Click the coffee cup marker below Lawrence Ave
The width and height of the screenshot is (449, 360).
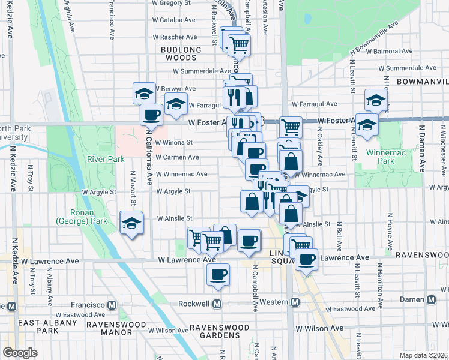tap(218, 274)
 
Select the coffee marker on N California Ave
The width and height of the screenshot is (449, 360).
tap(151, 114)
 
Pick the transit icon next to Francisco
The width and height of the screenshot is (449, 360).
tap(111, 304)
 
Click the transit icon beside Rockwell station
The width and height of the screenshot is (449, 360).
tap(217, 304)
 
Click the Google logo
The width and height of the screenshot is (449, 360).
tap(20, 353)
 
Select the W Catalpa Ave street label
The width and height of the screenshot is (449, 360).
tap(174, 20)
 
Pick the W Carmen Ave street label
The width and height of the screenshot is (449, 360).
tap(177, 157)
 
